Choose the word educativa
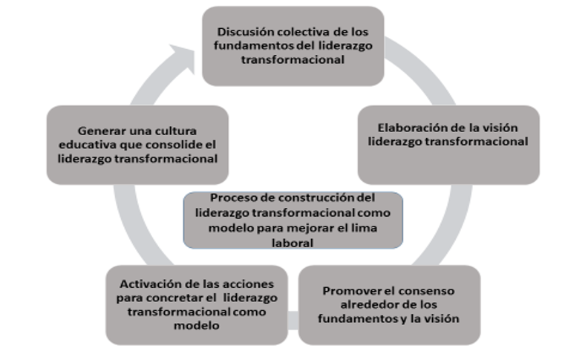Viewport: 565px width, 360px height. pos(82,145)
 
